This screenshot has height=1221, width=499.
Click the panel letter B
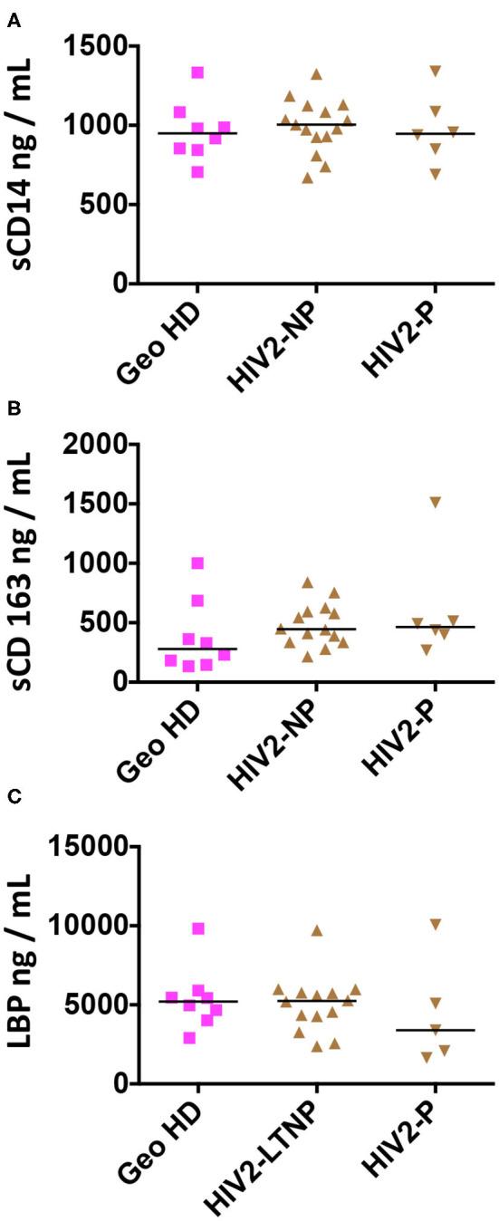[13, 409]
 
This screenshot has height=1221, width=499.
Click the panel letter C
[13, 797]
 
